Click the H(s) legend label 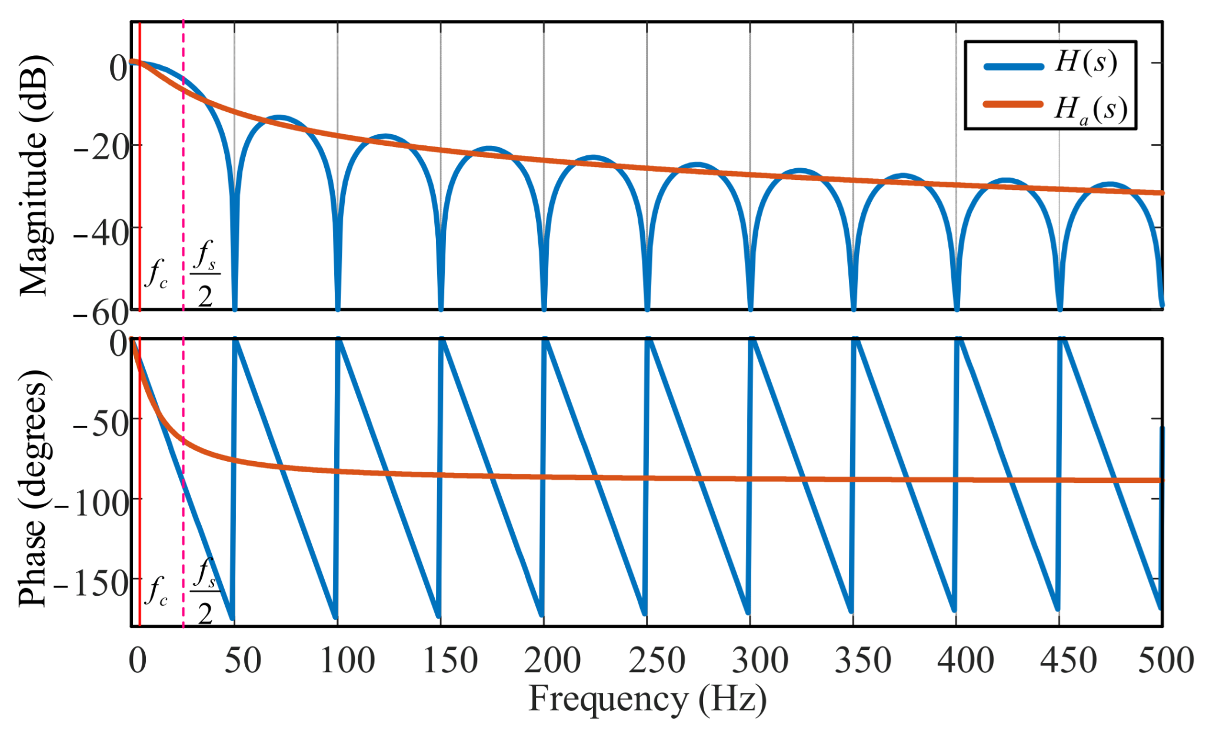[1085, 63]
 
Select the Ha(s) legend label [1090, 108]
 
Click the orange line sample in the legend [1013, 104]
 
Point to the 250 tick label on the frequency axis [656, 660]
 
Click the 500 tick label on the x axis [1165, 660]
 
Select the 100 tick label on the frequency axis [347, 660]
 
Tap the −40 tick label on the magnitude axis [100, 234]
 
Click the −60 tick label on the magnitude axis [100, 313]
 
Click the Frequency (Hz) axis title [647, 699]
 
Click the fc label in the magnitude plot [156, 274]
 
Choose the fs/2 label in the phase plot [205, 591]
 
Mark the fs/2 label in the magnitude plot [205, 274]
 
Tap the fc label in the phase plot [156, 591]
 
